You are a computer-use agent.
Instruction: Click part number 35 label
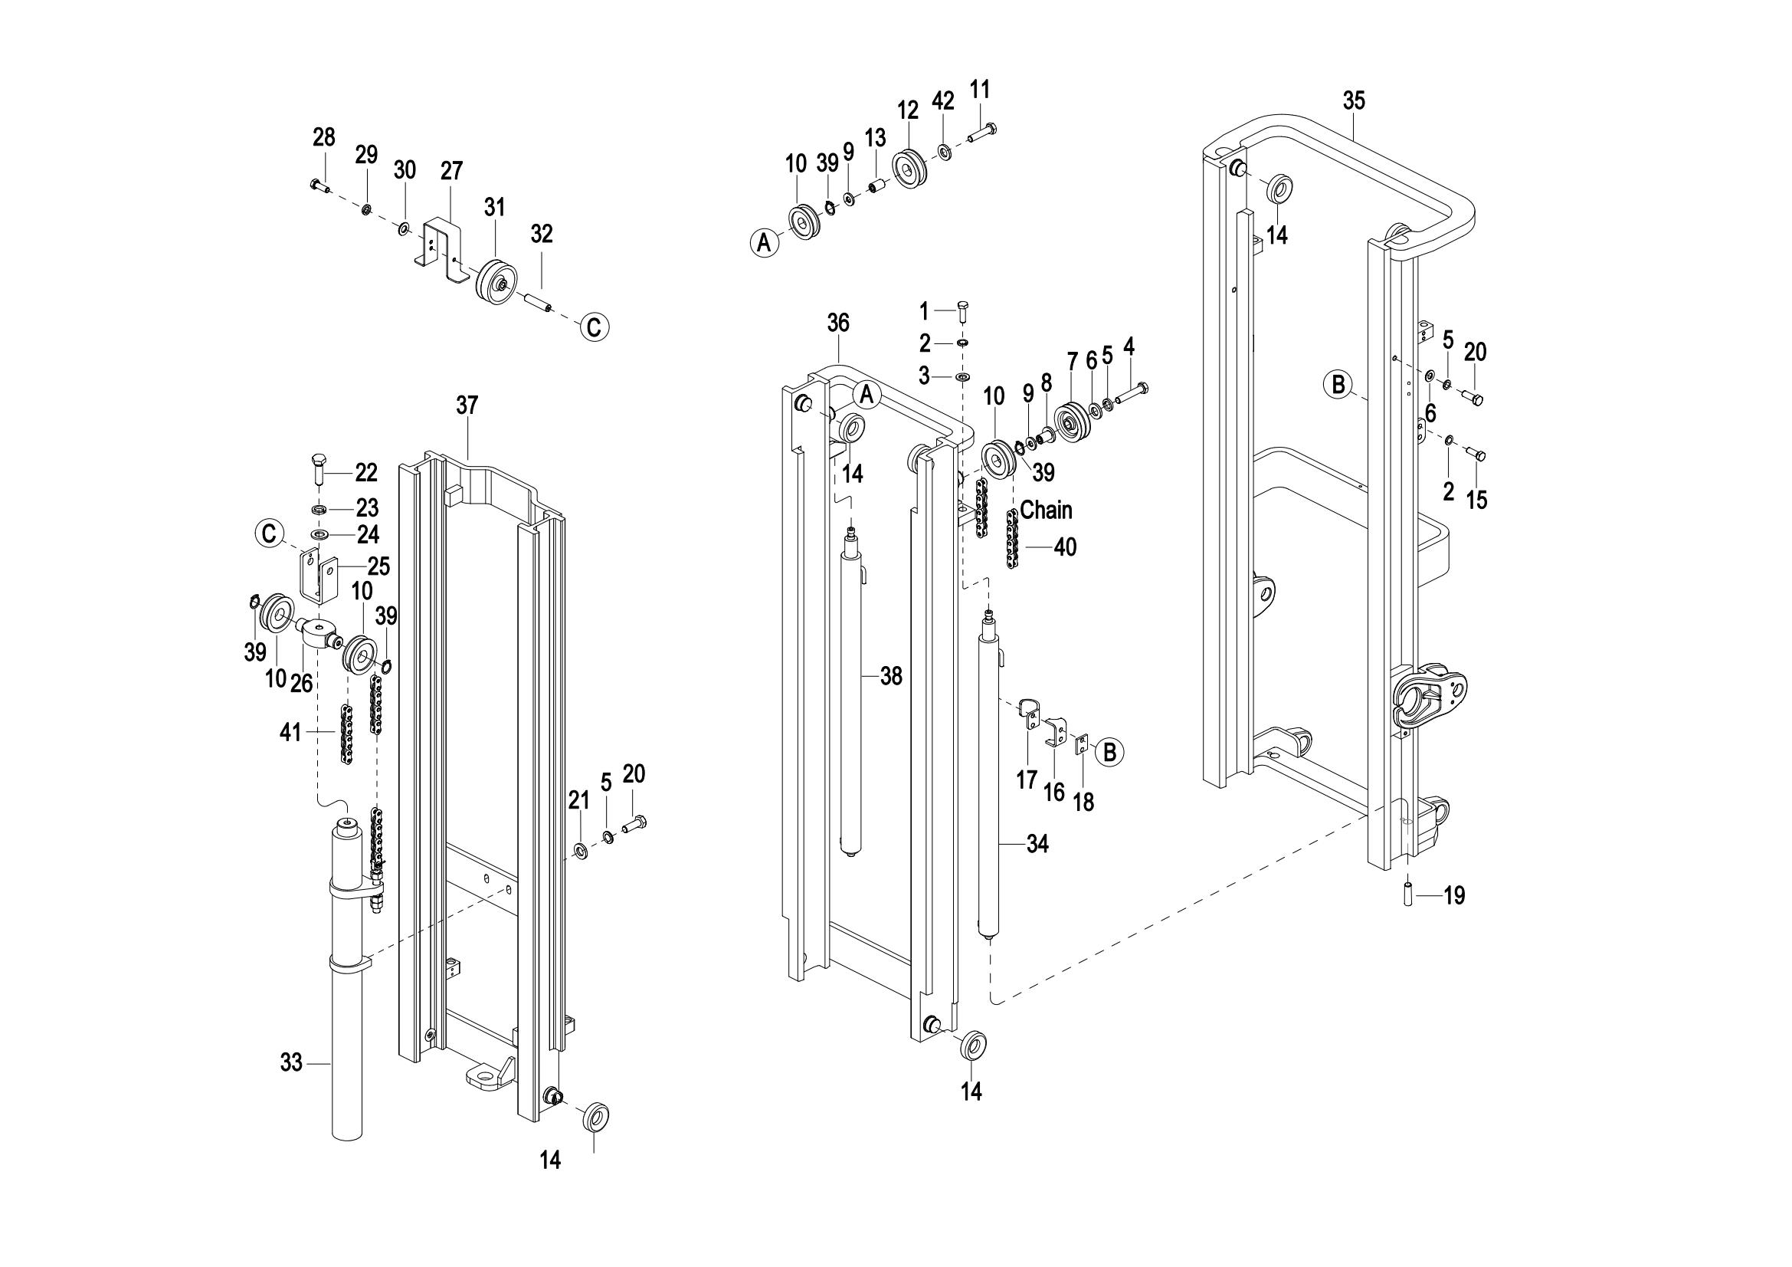[1354, 100]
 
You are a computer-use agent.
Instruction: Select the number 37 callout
[467, 405]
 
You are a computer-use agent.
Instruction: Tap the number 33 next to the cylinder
[291, 1062]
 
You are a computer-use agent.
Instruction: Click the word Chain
[1046, 510]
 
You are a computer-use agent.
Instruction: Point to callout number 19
[1454, 895]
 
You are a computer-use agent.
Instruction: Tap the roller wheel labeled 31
[494, 277]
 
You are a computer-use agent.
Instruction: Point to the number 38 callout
[890, 676]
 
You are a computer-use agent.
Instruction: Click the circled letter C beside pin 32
[594, 327]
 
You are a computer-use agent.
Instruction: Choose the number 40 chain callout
[1065, 547]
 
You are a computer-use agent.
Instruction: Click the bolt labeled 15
[1475, 455]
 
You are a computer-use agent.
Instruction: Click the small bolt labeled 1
[962, 310]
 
